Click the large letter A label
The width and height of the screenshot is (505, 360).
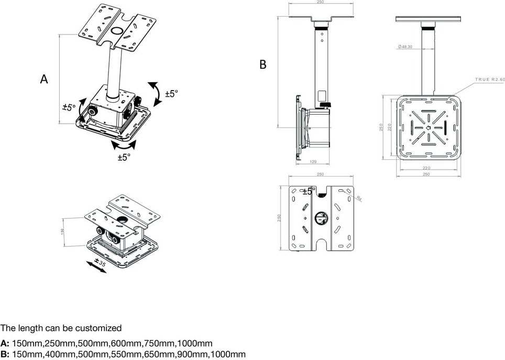44,79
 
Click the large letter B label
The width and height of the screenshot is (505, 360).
263,64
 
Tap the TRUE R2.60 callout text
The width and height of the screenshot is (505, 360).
489,79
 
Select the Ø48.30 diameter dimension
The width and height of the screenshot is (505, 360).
405,47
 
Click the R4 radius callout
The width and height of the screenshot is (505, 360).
359,199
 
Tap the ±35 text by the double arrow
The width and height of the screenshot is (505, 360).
100,263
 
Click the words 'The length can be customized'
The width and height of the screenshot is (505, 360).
61,329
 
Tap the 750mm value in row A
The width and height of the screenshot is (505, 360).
160,344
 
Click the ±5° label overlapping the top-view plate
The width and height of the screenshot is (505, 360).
308,192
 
